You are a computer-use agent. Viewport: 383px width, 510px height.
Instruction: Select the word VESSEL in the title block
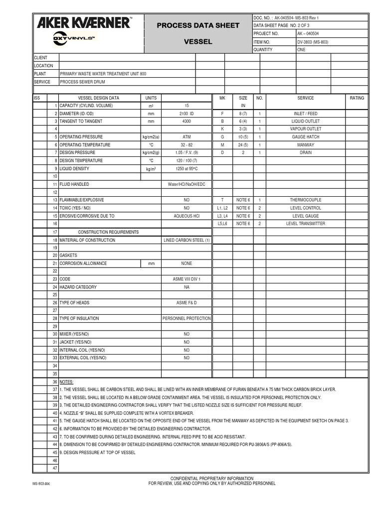click(198, 42)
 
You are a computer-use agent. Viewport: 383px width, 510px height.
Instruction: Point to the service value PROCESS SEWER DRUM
click(79, 82)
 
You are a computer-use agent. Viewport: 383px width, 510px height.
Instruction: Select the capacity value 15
click(187, 106)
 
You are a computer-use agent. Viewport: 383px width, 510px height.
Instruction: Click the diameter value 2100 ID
click(187, 114)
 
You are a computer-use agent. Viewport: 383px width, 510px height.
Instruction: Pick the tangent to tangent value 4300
click(187, 121)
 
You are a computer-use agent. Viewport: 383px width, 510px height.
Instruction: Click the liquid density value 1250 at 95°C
click(187, 168)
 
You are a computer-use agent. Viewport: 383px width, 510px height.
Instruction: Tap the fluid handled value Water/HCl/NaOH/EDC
click(187, 184)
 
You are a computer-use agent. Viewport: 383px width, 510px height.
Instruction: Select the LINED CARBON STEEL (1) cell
click(187, 240)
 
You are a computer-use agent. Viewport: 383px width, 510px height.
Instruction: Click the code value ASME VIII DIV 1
click(187, 279)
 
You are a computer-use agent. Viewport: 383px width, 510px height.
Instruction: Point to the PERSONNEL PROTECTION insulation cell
click(187, 318)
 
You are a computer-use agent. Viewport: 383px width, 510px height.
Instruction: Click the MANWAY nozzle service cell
click(305, 145)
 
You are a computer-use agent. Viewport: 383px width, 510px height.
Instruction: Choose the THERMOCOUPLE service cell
click(305, 200)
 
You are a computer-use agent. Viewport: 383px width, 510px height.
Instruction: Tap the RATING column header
click(357, 98)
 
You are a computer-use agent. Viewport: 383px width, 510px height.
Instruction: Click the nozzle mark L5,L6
click(222, 224)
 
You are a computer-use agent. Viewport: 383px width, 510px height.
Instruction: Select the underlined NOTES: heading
click(66, 382)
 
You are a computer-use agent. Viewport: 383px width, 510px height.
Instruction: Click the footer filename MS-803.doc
click(42, 484)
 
